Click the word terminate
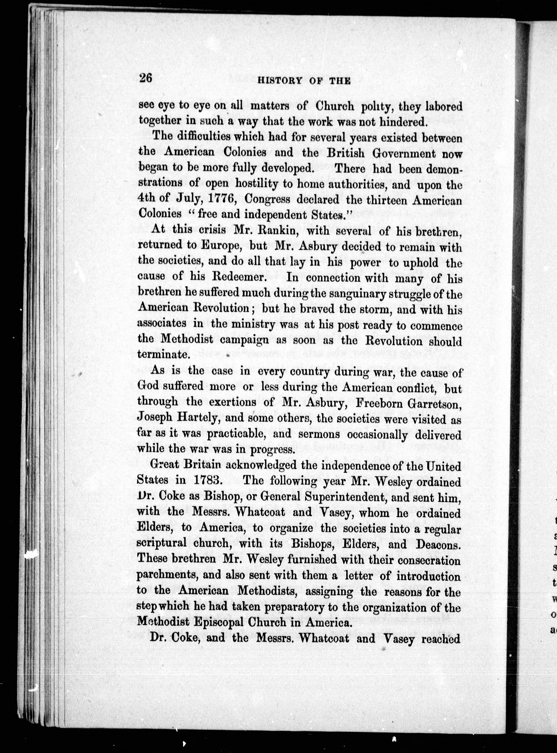(x=163, y=355)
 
